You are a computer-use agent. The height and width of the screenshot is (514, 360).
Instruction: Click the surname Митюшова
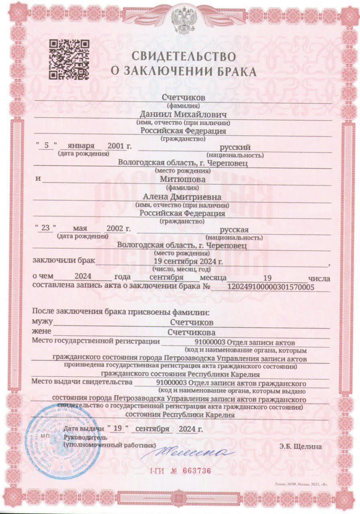[x=183, y=179]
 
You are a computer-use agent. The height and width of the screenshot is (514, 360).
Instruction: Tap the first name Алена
[x=155, y=197]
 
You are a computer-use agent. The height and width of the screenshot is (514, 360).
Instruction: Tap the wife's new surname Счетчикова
[x=191, y=332]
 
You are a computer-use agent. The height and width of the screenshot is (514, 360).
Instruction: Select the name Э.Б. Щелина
[x=301, y=445]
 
